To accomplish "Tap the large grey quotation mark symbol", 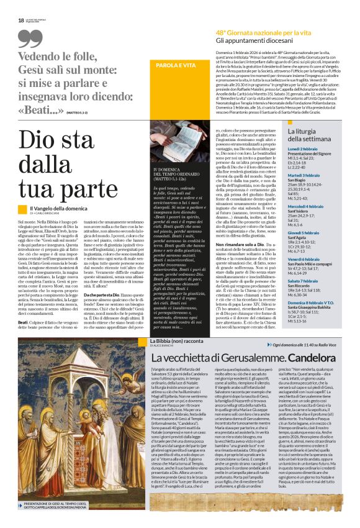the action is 31,39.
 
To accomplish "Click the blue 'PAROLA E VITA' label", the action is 175,65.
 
